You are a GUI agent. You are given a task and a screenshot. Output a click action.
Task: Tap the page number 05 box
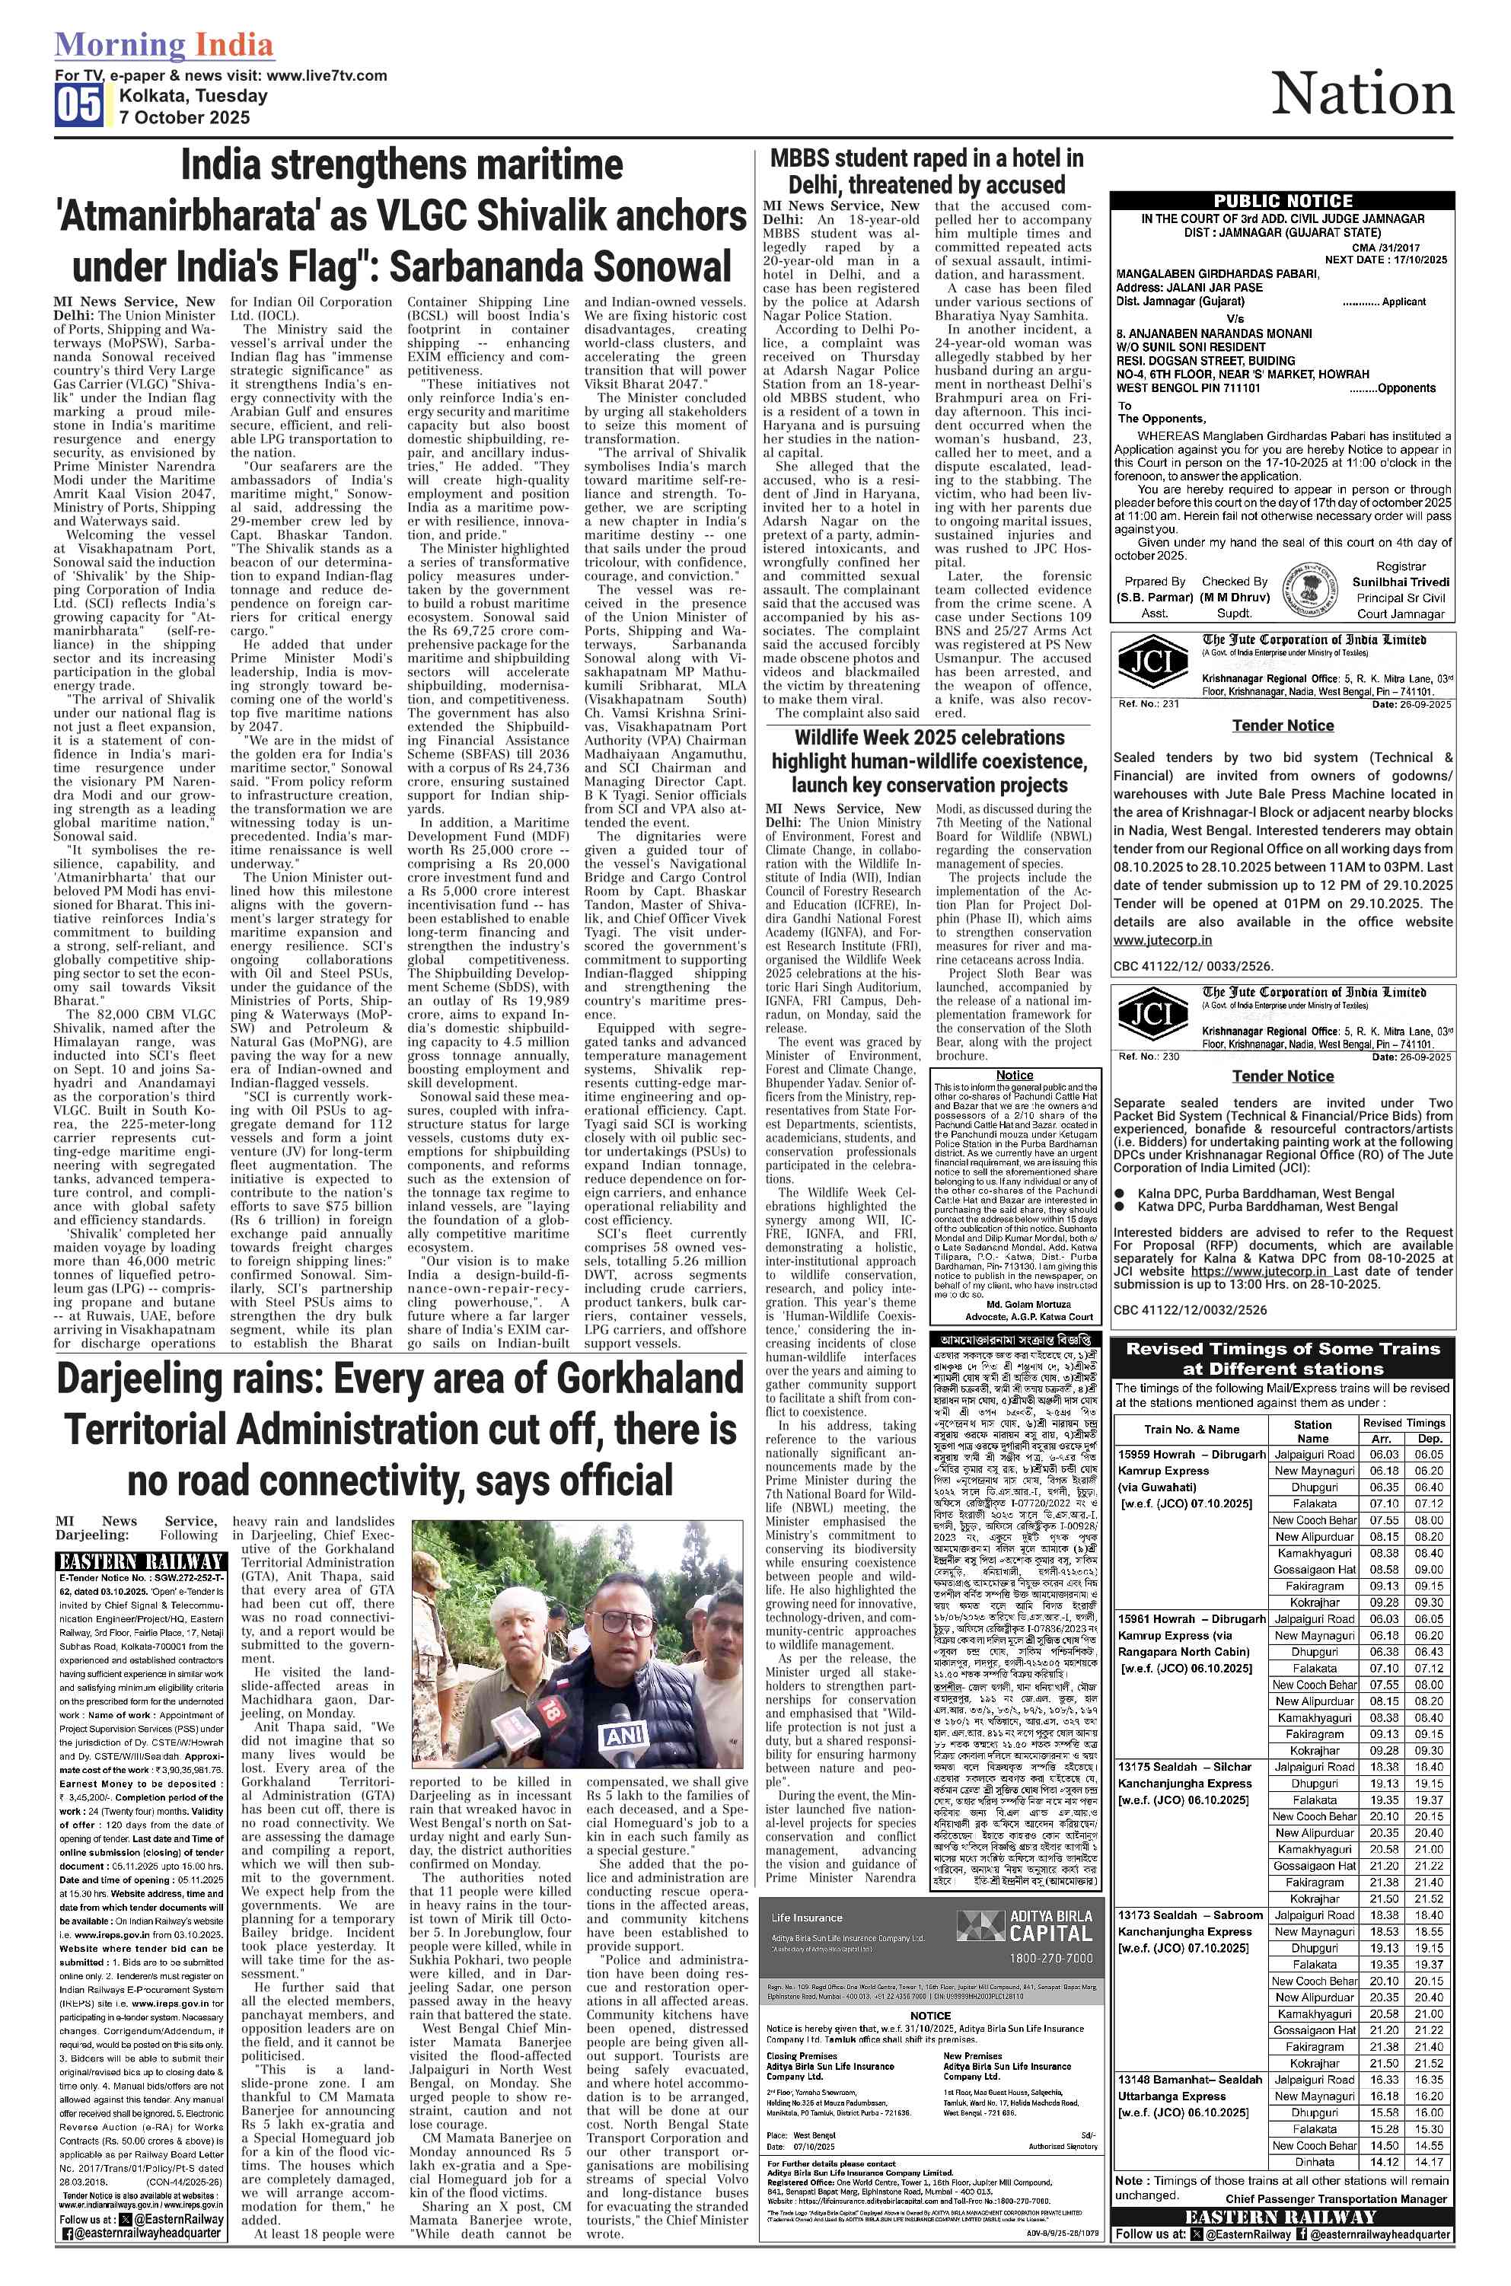78,106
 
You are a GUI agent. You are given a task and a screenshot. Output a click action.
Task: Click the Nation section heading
1362,94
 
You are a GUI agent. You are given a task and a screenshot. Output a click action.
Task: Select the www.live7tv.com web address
327,75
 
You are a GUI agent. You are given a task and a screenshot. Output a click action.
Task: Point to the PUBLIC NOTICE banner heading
1282,200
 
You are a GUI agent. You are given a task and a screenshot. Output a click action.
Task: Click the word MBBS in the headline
801,159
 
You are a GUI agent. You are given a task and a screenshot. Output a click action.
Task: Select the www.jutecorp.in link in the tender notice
1162,939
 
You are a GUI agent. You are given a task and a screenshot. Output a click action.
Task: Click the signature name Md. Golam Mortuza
1015,1304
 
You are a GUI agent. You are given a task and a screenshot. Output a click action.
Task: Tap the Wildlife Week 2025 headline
928,761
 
